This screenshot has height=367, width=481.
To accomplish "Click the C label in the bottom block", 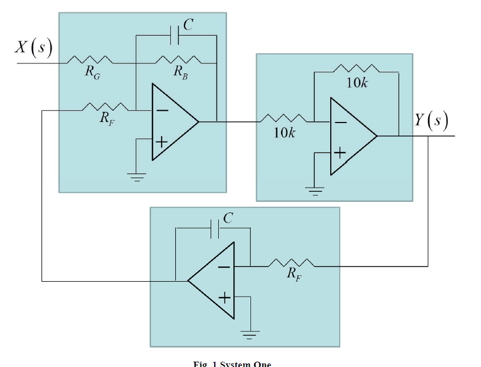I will click(228, 217).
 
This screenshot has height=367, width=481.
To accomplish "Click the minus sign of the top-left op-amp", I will click(162, 111).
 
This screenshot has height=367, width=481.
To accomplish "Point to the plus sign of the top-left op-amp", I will click(162, 141).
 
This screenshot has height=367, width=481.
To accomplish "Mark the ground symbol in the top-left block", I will click(136, 176).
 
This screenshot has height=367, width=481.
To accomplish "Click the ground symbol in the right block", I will click(314, 190).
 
